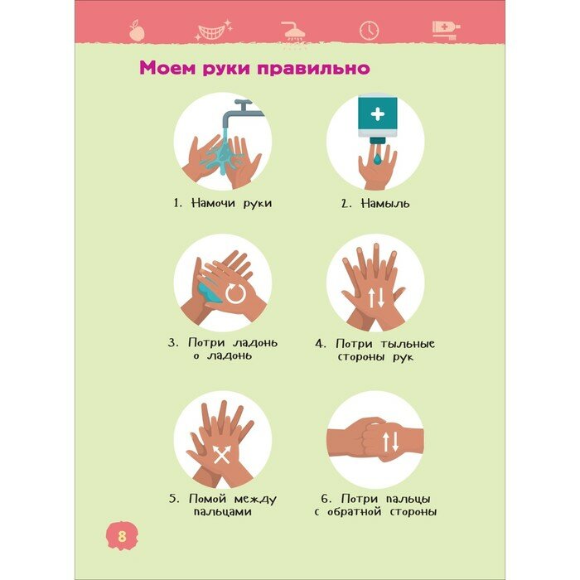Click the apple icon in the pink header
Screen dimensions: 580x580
pyautogui.click(x=137, y=31)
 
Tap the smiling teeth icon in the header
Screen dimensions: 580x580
pyautogui.click(x=214, y=30)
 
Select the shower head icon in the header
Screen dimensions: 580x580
pyautogui.click(x=293, y=31)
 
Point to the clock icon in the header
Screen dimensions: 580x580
pyautogui.click(x=370, y=31)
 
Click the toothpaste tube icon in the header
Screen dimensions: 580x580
pyautogui.click(x=446, y=30)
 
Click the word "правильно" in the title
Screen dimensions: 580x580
pyautogui.click(x=313, y=69)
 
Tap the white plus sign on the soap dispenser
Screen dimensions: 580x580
pyautogui.click(x=378, y=114)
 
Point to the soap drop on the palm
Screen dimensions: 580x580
pyautogui.click(x=377, y=159)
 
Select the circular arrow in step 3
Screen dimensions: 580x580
pyautogui.click(x=235, y=293)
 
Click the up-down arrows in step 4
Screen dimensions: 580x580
pyautogui.click(x=376, y=297)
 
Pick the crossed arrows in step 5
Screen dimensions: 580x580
pyautogui.click(x=222, y=455)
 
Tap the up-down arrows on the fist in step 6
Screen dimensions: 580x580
pyautogui.click(x=390, y=442)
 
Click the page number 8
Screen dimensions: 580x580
pyautogui.click(x=122, y=536)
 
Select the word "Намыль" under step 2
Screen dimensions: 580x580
pyautogui.click(x=385, y=204)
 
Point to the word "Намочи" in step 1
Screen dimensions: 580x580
pyautogui.click(x=214, y=203)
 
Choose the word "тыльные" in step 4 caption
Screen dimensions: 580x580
pyautogui.click(x=408, y=344)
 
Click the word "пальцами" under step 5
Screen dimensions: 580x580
pyautogui.click(x=223, y=512)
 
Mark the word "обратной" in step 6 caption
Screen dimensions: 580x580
pyautogui.click(x=355, y=512)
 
